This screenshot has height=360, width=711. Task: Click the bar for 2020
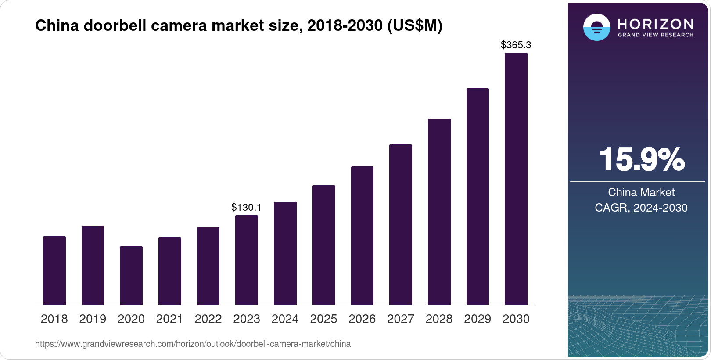[131, 275]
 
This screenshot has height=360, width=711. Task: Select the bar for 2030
[516, 179]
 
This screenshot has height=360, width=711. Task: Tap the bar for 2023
[247, 260]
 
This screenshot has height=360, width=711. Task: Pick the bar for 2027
[400, 224]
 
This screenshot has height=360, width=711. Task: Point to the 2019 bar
[93, 265]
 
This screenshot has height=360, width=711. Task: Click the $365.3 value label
[516, 45]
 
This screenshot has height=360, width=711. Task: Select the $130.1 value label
[246, 207]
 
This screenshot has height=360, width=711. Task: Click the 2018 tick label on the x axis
[54, 319]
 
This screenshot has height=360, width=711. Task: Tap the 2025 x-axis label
[323, 319]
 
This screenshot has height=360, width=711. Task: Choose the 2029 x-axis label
[478, 319]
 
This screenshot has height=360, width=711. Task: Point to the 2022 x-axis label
[208, 319]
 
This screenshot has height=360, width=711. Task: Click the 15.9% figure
[641, 160]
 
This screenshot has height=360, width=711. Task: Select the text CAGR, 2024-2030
[641, 208]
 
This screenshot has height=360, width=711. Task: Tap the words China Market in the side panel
[641, 192]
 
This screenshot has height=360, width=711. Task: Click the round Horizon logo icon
[596, 27]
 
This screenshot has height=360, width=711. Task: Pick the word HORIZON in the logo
[655, 24]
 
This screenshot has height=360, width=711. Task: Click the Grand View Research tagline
[655, 35]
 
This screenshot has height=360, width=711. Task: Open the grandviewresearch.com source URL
[193, 344]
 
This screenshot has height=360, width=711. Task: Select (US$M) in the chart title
[414, 26]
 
